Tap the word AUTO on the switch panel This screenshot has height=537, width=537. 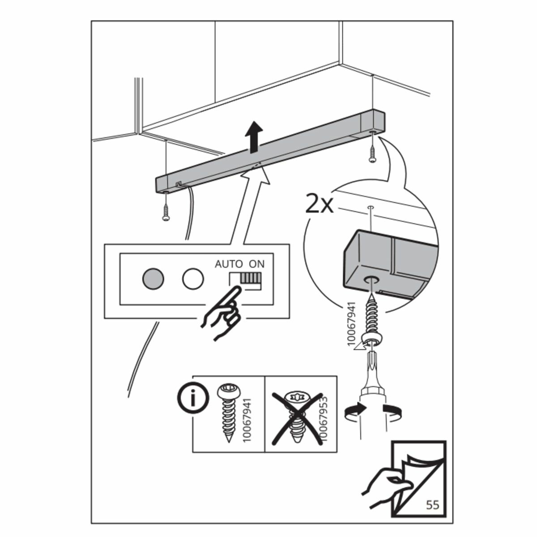click(x=229, y=264)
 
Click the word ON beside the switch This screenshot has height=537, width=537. click(x=257, y=264)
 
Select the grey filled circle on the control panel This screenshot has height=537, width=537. click(x=153, y=278)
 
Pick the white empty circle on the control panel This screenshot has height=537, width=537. click(x=193, y=278)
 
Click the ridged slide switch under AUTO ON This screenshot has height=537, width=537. click(x=249, y=278)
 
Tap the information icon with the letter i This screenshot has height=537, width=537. click(x=193, y=398)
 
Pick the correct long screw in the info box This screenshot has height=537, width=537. click(x=229, y=412)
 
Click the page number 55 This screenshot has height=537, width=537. click(x=432, y=505)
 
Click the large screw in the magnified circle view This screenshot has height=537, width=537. click(x=371, y=318)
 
